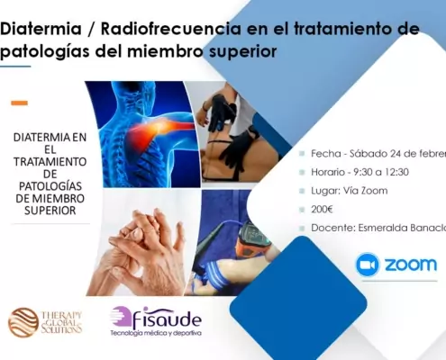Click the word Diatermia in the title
click(x=41, y=29)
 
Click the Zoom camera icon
click(x=368, y=265)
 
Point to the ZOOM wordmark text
click(x=410, y=265)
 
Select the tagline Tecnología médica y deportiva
click(x=155, y=334)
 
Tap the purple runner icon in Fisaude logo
click(x=121, y=318)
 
